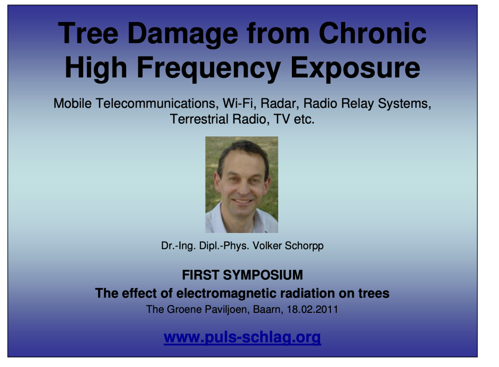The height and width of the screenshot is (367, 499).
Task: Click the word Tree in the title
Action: [x=88, y=33]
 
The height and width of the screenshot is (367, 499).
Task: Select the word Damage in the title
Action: [x=183, y=35]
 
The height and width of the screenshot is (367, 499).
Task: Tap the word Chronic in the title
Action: [x=372, y=33]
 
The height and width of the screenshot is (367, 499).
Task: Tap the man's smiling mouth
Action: [x=243, y=201]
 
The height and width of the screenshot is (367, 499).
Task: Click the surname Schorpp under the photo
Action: [x=304, y=246]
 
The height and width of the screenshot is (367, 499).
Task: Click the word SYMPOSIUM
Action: [x=263, y=275]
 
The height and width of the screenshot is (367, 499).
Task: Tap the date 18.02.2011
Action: [x=312, y=309]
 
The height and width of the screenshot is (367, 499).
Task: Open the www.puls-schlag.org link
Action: [x=242, y=337]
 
